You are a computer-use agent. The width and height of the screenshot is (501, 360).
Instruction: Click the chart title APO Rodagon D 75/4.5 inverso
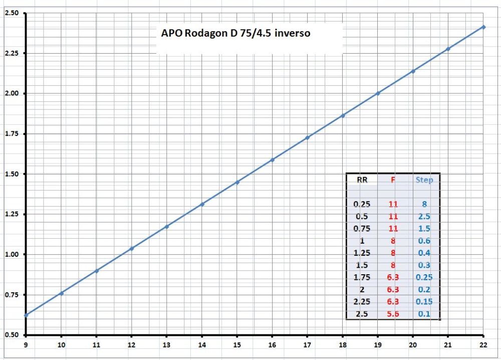[235, 34]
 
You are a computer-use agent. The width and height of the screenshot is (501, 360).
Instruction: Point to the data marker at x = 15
[237, 182]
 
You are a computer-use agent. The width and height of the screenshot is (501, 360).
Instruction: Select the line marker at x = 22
[483, 27]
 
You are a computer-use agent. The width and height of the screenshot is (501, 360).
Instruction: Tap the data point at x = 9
[26, 315]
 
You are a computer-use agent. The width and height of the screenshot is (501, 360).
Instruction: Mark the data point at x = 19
[378, 93]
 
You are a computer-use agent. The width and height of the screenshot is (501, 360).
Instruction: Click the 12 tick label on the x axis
[131, 344]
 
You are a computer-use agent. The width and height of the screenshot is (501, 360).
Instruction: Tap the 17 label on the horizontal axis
[307, 344]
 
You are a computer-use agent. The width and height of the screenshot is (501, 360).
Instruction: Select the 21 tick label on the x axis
[448, 344]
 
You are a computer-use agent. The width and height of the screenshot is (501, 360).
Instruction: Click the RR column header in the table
[361, 179]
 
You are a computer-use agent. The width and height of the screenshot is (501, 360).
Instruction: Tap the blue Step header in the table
[424, 179]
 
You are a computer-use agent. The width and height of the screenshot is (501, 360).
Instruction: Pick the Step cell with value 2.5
[424, 217]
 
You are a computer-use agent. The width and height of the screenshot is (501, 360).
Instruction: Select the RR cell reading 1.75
[361, 277]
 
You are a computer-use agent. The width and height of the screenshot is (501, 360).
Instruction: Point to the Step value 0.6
[424, 241]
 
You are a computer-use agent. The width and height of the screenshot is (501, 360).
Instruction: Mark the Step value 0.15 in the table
[424, 302]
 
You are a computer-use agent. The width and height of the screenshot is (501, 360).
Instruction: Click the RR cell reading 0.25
[361, 205]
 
